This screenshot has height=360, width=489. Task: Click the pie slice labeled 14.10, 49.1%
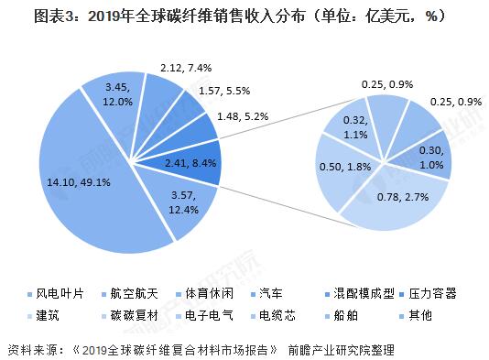tap(82, 183)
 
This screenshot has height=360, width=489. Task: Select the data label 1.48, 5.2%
tap(244, 116)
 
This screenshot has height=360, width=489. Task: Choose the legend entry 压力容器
tap(430, 294)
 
